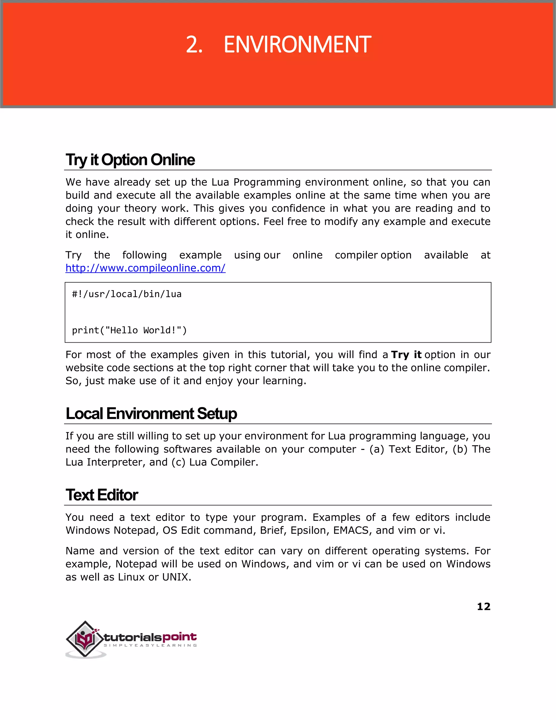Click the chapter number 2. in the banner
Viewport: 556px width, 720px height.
pyautogui.click(x=194, y=45)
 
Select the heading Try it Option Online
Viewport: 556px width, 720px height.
pyautogui.click(x=130, y=160)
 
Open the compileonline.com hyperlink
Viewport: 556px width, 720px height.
pyautogui.click(x=145, y=268)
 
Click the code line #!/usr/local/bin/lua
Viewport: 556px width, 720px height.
pyautogui.click(x=127, y=294)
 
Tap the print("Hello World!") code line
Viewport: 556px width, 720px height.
pyautogui.click(x=129, y=330)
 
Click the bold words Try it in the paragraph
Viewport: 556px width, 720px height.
pyautogui.click(x=406, y=355)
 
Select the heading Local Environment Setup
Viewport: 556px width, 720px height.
pyautogui.click(x=151, y=414)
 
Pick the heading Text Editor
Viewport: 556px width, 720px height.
pyautogui.click(x=102, y=495)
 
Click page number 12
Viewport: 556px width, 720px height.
pyautogui.click(x=484, y=607)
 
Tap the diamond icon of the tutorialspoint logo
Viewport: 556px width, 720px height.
pyautogui.click(x=85, y=639)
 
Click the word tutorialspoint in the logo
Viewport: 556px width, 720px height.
pyautogui.click(x=150, y=637)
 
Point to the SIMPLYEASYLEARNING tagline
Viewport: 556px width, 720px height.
pyautogui.click(x=150, y=646)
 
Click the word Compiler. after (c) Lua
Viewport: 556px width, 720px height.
pyautogui.click(x=234, y=462)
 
